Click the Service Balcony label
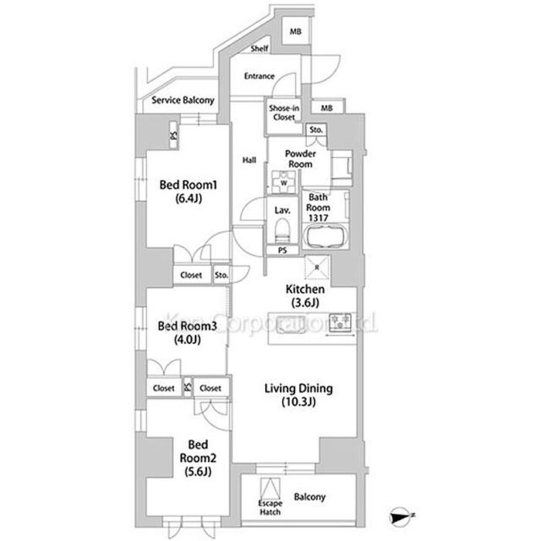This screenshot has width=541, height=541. (182, 100)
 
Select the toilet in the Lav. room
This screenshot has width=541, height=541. (282, 230)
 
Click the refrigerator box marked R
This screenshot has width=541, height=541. (317, 267)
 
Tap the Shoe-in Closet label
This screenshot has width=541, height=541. (283, 113)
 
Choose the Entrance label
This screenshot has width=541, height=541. (259, 76)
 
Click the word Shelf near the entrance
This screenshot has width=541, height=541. (259, 48)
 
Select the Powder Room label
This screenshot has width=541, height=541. (300, 159)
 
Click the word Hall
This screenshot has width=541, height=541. (249, 160)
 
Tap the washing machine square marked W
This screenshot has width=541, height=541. (282, 182)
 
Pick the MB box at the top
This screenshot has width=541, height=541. (296, 32)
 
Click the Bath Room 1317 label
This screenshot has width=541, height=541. (318, 207)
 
